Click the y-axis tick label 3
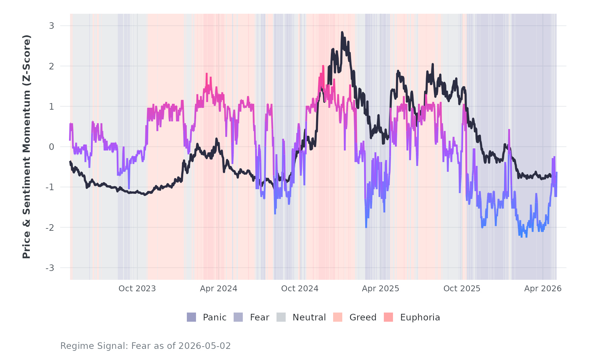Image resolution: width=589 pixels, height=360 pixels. tap(52, 26)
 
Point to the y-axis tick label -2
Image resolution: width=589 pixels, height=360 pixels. tap(50, 227)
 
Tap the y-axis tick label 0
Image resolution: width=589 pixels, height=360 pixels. tap(52, 147)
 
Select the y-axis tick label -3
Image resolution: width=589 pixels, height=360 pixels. tap(50, 268)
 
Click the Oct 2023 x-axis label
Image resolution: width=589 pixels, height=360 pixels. tap(137, 289)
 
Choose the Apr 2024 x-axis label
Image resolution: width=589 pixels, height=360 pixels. tap(219, 289)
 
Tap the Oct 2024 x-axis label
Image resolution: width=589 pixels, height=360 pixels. tap(300, 289)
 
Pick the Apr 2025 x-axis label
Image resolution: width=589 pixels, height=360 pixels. tap(381, 289)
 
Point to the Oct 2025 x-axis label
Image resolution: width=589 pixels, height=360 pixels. tap(462, 289)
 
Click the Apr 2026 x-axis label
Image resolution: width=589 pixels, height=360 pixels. tap(543, 289)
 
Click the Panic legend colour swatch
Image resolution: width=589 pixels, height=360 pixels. tap(191, 317)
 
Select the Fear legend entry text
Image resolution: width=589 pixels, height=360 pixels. tap(259, 317)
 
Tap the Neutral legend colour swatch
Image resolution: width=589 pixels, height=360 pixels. tap(281, 317)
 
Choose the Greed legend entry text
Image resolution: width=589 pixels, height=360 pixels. tap(363, 317)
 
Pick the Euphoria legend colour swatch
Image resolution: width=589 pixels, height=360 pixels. tap(388, 317)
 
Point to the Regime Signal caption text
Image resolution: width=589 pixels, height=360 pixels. tap(146, 346)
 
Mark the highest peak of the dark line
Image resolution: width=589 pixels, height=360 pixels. tap(342, 32)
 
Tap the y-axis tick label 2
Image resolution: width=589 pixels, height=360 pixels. tap(52, 66)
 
